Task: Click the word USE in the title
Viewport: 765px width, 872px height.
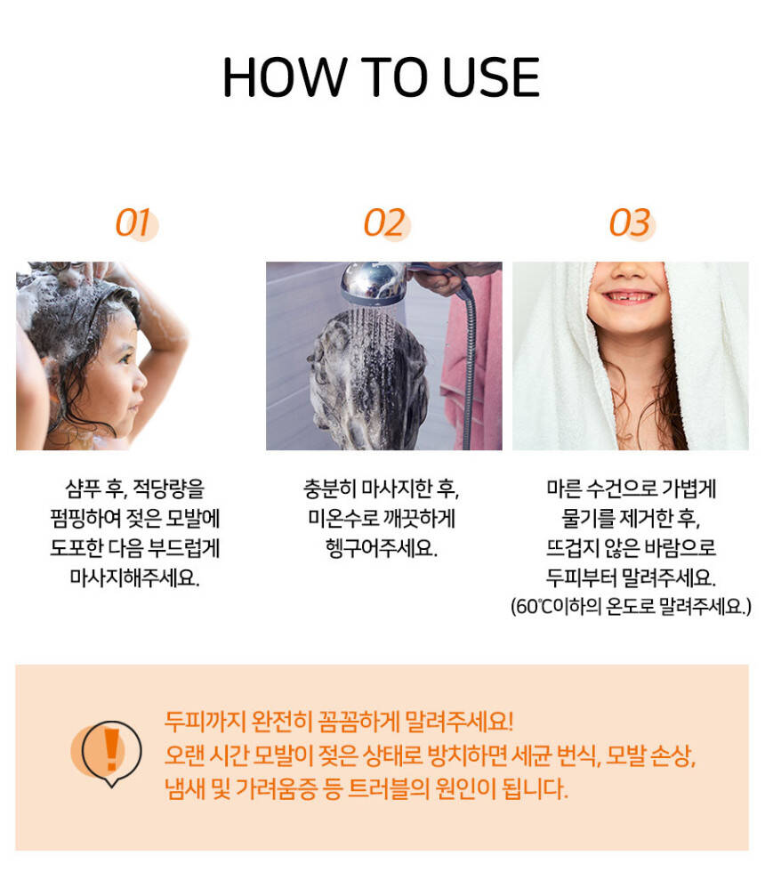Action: pyautogui.click(x=491, y=77)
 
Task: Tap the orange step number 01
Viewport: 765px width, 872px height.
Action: pyautogui.click(x=133, y=223)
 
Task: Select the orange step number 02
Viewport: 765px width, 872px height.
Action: pyautogui.click(x=383, y=223)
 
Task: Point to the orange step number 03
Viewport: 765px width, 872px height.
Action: pyautogui.click(x=630, y=223)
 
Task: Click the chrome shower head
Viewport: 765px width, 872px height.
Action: pyautogui.click(x=374, y=283)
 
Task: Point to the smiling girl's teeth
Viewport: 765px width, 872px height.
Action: pyautogui.click(x=630, y=296)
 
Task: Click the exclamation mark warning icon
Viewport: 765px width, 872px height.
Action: pyautogui.click(x=112, y=752)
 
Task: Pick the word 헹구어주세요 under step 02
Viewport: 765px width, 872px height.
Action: pyautogui.click(x=382, y=548)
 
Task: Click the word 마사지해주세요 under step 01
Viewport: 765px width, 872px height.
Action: pyautogui.click(x=134, y=577)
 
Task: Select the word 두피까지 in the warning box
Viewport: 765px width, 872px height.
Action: pyautogui.click(x=205, y=722)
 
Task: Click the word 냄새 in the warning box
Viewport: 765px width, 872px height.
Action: pyautogui.click(x=185, y=788)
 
